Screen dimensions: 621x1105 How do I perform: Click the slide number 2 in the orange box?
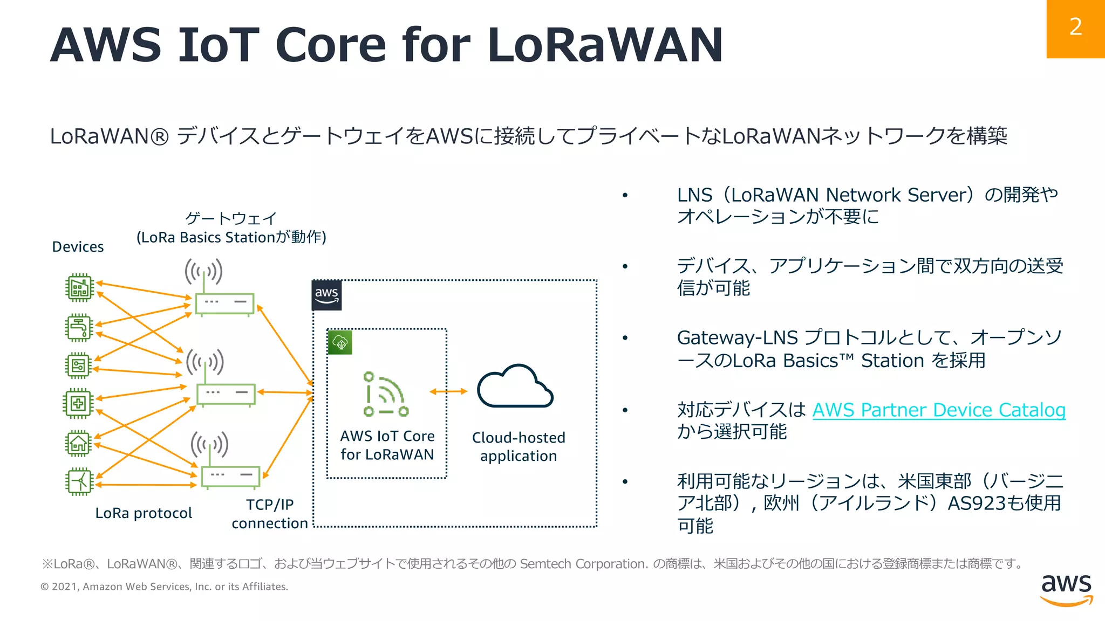(x=1075, y=27)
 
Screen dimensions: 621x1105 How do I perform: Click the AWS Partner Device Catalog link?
(x=939, y=410)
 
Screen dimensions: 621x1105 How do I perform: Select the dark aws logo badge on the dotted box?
(x=326, y=295)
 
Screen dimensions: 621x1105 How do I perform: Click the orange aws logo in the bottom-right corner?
(x=1066, y=590)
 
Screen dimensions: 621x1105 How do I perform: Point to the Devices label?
(x=78, y=247)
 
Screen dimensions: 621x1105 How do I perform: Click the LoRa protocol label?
(x=144, y=513)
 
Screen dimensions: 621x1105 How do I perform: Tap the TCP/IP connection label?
(x=270, y=514)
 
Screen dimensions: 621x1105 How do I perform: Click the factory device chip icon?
(x=79, y=288)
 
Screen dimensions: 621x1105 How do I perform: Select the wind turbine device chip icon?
(x=79, y=481)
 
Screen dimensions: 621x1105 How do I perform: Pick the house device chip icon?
(x=79, y=444)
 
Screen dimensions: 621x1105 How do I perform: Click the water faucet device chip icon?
(x=79, y=327)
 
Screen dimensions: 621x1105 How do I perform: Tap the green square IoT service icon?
(x=340, y=342)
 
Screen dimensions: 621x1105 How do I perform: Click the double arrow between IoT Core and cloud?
(x=448, y=392)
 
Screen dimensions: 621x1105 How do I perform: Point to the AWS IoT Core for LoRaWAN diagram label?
(x=387, y=445)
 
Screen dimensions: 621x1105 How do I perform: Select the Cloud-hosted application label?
(x=519, y=447)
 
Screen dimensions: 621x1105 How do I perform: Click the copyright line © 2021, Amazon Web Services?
(x=165, y=586)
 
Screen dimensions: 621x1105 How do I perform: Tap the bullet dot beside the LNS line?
(x=625, y=195)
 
